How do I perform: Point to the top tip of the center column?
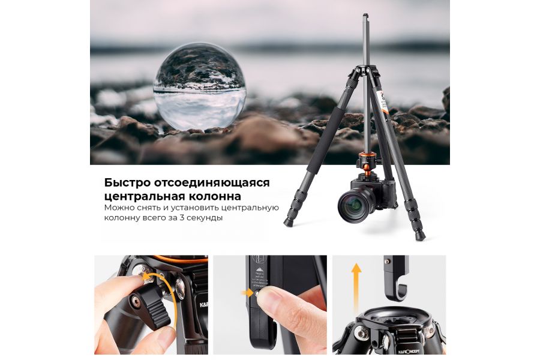365,16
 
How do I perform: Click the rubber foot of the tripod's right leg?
420,236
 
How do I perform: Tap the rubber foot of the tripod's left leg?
289,223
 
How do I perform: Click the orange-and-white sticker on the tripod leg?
381,97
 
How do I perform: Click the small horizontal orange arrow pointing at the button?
247,293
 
